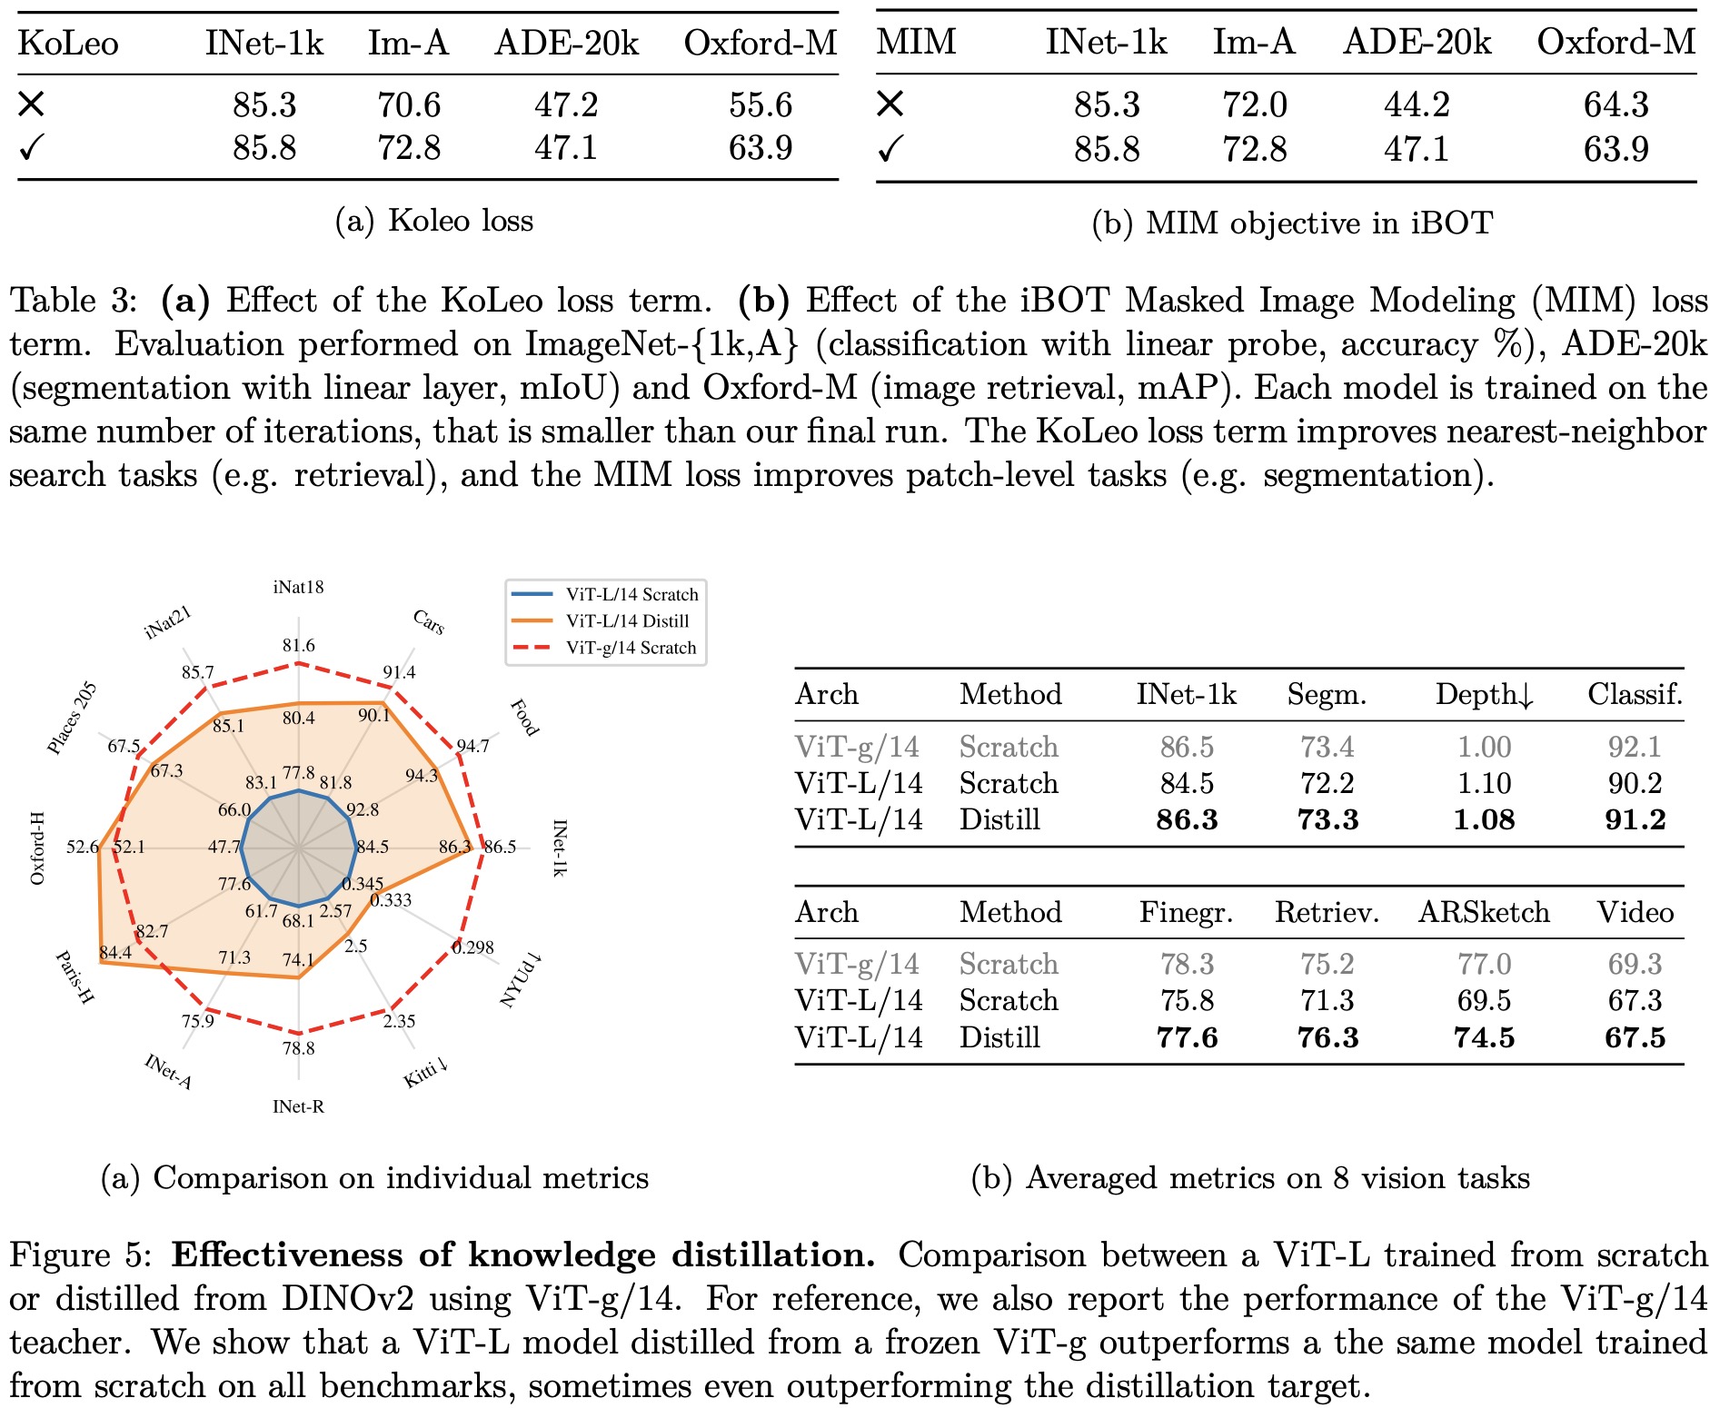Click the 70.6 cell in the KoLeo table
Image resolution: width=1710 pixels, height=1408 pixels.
409,105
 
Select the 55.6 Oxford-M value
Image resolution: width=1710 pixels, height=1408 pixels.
761,105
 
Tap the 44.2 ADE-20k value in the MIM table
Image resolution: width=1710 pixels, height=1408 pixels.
1417,105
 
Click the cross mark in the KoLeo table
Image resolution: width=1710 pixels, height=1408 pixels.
31,104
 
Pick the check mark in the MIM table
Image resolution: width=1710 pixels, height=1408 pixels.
890,149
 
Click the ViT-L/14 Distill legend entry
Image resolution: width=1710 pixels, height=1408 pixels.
627,621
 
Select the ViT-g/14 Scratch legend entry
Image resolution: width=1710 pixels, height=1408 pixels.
631,648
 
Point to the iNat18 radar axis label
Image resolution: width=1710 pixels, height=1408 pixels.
298,588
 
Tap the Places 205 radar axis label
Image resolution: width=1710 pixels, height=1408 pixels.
72,718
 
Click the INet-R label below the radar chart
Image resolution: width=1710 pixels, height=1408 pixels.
298,1106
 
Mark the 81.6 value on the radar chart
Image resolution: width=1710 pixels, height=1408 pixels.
298,646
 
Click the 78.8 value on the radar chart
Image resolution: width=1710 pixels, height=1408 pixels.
298,1048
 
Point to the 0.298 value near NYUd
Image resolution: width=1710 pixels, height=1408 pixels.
473,947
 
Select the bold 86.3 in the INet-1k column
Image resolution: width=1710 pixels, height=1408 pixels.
1187,819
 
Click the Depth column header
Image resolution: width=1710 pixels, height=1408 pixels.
1484,695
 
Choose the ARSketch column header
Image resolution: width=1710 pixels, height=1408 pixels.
1484,912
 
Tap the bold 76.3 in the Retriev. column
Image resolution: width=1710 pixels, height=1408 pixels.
1327,1037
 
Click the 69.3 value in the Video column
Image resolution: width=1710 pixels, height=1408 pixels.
1635,964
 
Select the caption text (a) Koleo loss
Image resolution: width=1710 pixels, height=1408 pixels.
434,221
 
